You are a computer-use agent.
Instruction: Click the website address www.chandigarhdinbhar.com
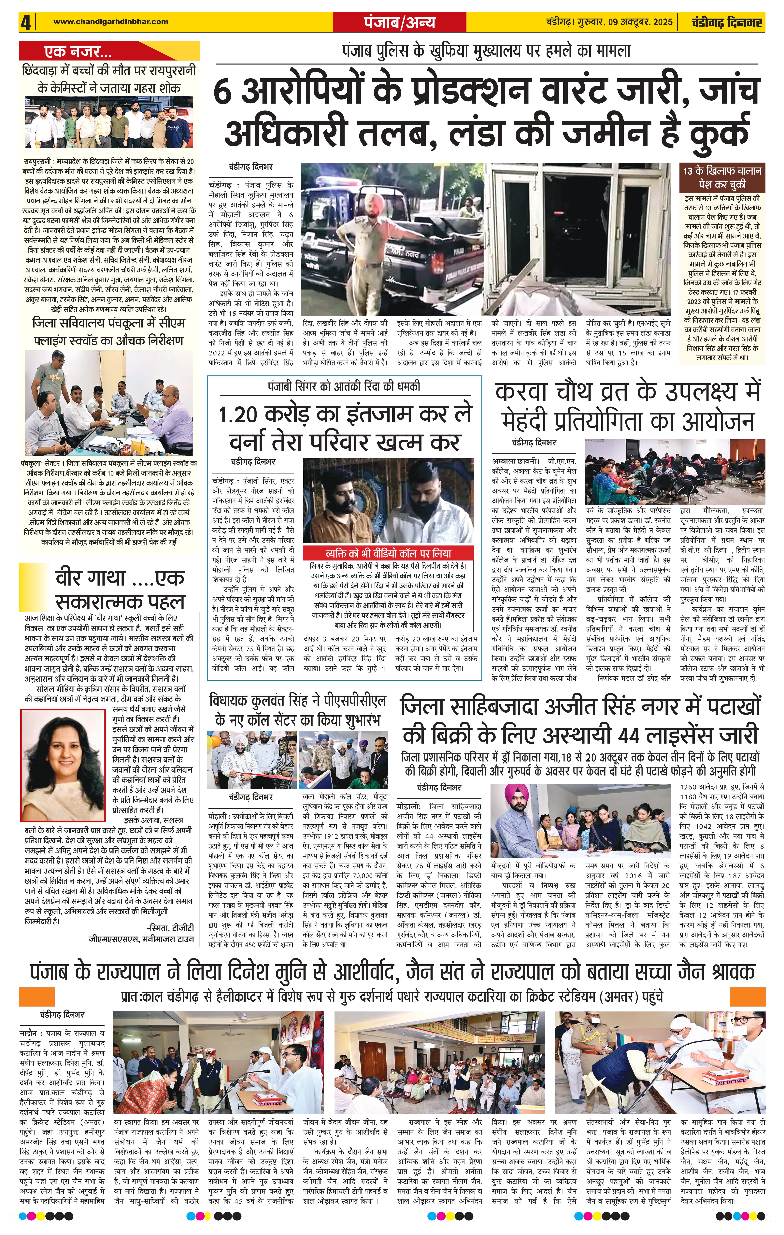(x=110, y=22)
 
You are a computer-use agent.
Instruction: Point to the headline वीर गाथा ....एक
(x=120, y=578)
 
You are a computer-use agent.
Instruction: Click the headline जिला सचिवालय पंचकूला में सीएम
(x=109, y=324)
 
